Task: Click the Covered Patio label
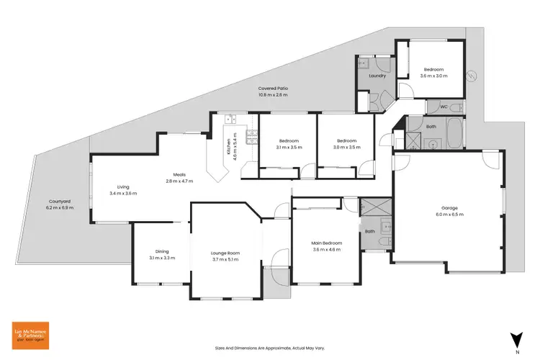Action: [274, 88]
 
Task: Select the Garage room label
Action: [449, 208]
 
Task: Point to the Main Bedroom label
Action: [328, 243]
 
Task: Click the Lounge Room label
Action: [225, 253]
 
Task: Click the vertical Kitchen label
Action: [230, 148]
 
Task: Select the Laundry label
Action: [377, 76]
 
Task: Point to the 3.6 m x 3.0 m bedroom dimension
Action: [434, 76]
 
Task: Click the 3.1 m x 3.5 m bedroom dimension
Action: [288, 147]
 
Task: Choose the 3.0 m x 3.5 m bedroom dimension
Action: [346, 147]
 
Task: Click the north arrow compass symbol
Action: [515, 338]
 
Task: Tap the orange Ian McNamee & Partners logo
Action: [29, 334]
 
